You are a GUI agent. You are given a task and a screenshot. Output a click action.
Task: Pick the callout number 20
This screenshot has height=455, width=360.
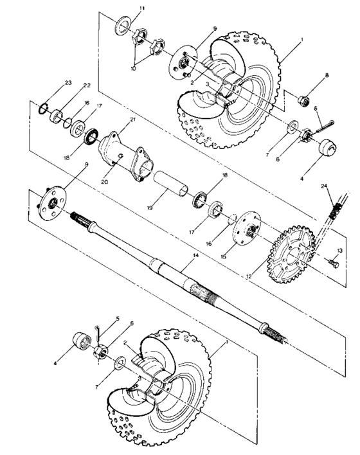(113, 182)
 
